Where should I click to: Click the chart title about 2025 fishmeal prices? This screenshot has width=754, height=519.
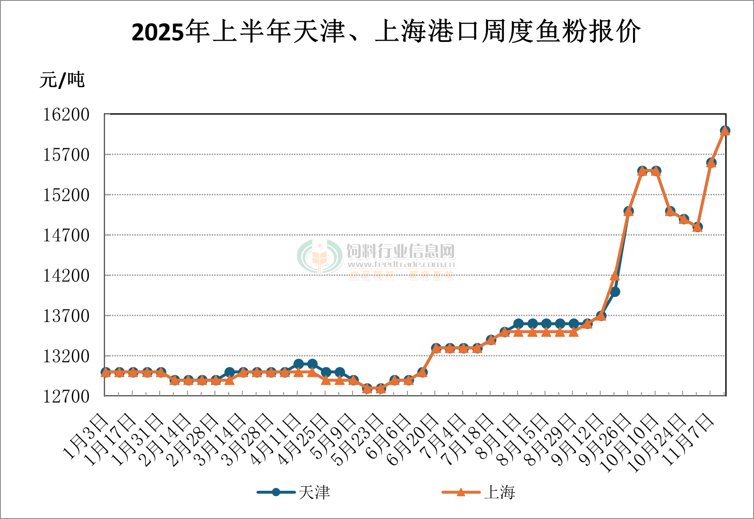[386, 32]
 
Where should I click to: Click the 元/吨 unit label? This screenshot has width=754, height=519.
[62, 79]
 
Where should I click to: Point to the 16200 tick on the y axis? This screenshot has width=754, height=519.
[67, 115]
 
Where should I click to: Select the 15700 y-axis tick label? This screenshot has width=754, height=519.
[67, 155]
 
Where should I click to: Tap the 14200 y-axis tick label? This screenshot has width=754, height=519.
[67, 275]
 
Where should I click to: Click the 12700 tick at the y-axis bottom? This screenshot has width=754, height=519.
[67, 396]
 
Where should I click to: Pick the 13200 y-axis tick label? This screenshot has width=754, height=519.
[67, 356]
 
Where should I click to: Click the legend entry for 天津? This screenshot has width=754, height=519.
[294, 492]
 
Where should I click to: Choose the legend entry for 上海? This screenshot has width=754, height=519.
[479, 492]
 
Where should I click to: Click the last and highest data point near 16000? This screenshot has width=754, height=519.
[725, 130]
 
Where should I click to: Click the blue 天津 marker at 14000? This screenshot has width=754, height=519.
[615, 292]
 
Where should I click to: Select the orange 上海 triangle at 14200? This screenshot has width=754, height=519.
[615, 275]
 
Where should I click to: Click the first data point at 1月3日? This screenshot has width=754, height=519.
[106, 372]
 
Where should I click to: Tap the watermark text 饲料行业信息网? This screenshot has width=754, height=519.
[401, 251]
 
